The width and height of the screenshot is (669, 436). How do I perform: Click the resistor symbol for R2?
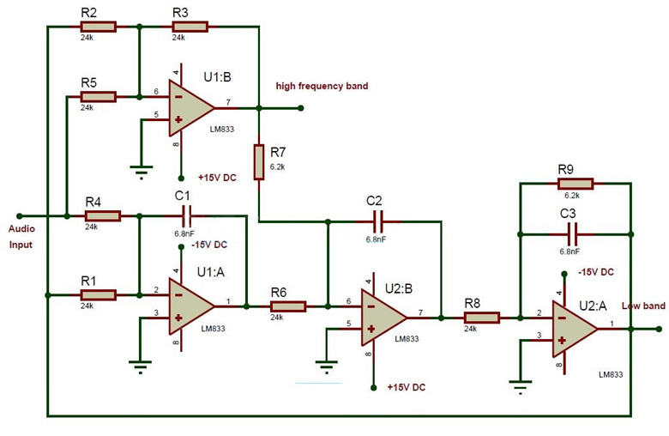coord(102,27)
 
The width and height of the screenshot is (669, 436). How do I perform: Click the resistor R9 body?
coord(576,183)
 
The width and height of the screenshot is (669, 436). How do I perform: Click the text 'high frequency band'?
coord(322,86)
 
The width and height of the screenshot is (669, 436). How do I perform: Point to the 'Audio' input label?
coord(22,229)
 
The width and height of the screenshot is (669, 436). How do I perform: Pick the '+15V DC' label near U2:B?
coord(407,387)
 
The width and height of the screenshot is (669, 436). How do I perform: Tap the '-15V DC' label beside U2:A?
coord(595,272)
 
